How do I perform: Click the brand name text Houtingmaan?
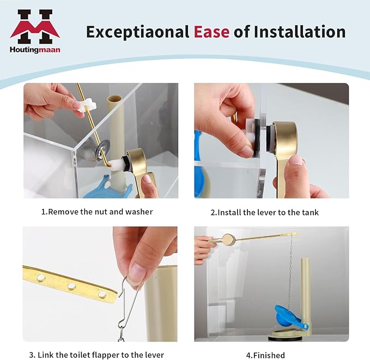35,49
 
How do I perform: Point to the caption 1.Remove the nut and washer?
97,212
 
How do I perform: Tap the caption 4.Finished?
265,355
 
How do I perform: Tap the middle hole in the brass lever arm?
71,286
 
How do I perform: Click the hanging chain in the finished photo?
290,273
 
